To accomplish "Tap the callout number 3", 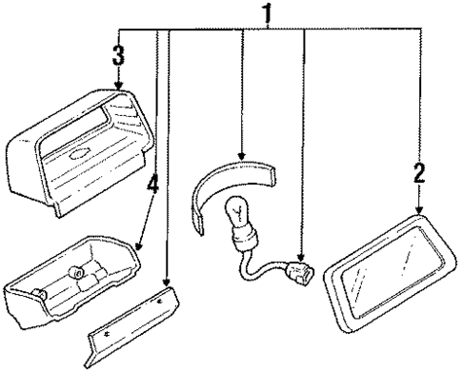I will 119,54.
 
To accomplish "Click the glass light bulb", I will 236,216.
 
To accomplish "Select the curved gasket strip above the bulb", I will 229,186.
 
